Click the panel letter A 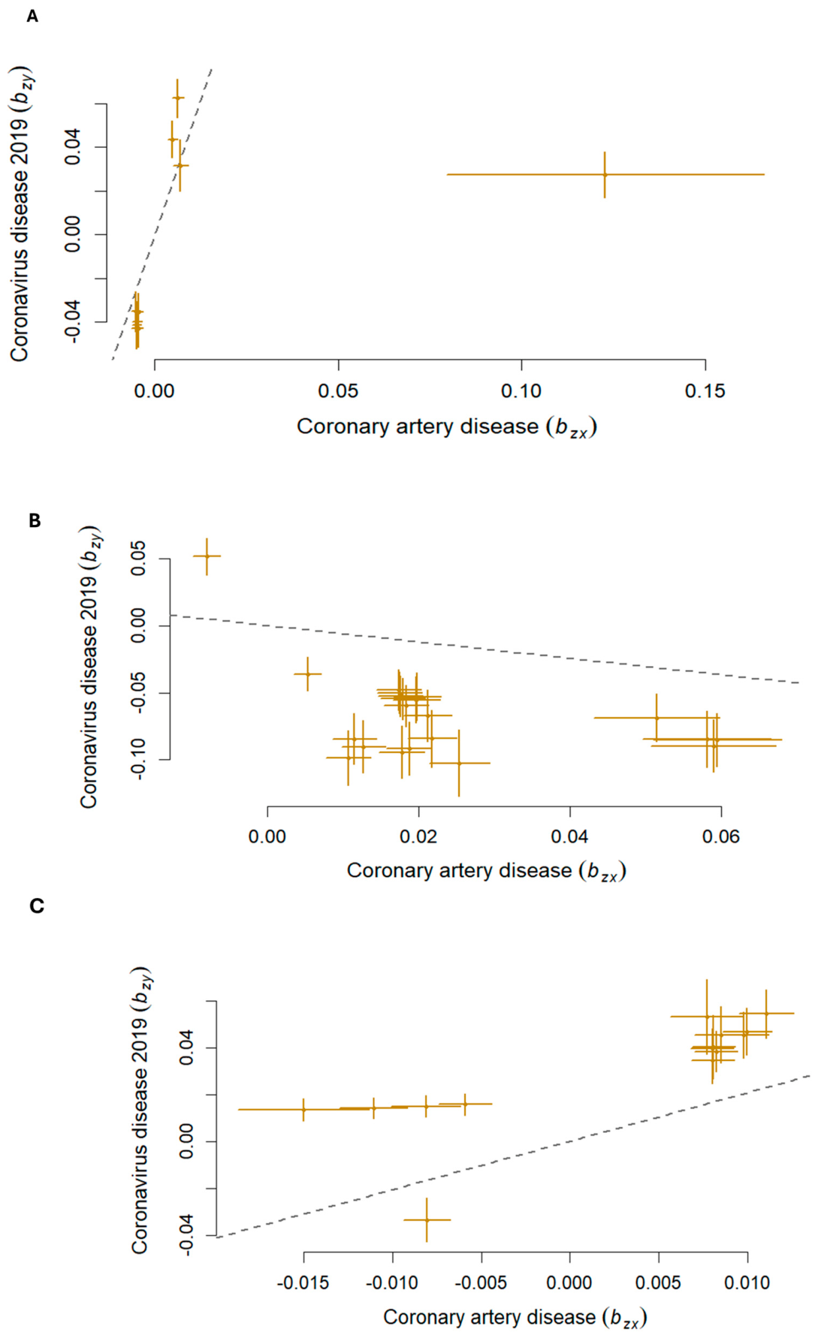(32, 16)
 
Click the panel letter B (35, 520)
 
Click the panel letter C (37, 906)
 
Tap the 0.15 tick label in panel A (705, 391)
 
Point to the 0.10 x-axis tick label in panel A (521, 391)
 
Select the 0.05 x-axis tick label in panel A (338, 391)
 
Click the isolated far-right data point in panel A (605, 174)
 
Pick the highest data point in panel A (177, 98)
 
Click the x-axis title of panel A (447, 427)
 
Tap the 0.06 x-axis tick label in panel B (721, 836)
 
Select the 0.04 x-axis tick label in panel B (570, 836)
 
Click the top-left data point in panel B (207, 556)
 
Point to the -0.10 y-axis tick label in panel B (138, 759)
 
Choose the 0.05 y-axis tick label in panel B (138, 558)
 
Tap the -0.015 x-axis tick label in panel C (303, 1282)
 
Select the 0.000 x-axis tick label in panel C (570, 1282)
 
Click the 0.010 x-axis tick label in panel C (747, 1282)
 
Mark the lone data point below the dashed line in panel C (427, 1219)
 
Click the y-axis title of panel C (141, 1110)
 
